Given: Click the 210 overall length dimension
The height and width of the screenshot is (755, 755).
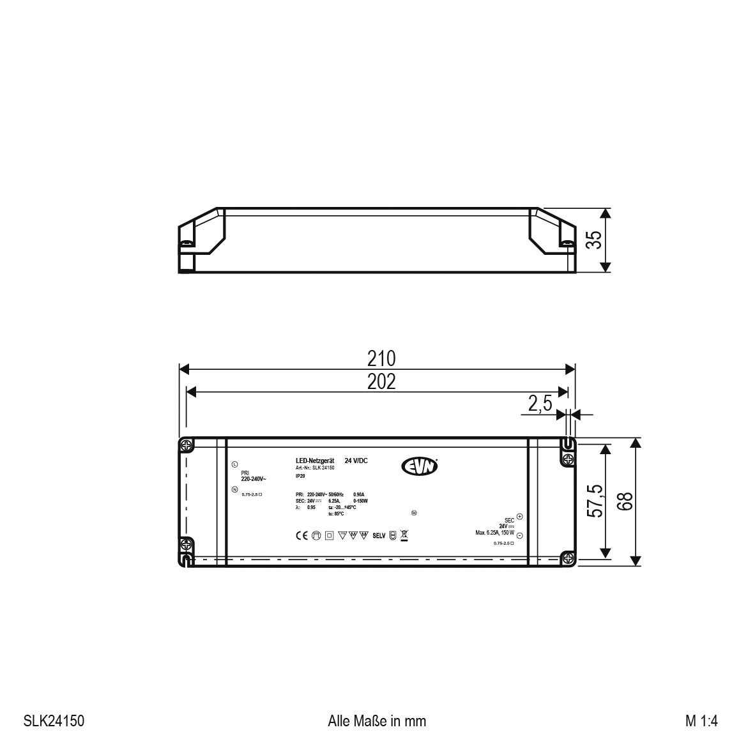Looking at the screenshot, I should pos(381,358).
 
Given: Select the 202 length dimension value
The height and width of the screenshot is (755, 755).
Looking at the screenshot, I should pos(381,381).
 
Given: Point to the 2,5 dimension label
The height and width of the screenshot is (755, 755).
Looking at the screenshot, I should pos(540,404).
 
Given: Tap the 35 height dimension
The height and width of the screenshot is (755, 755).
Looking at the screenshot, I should pos(594,240).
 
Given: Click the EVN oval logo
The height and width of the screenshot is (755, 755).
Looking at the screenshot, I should pos(420,467).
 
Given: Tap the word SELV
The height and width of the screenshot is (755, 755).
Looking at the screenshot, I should pos(379,536).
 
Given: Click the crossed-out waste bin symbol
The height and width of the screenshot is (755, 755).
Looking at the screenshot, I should pos(404,535).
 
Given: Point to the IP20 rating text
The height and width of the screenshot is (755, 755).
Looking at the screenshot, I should pos(300,477).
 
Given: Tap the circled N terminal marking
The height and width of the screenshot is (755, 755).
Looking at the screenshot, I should pos(234,490).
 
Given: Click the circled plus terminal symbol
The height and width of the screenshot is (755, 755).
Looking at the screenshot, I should pos(519,517).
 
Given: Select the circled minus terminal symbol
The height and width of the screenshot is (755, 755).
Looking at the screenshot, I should pos(519,535).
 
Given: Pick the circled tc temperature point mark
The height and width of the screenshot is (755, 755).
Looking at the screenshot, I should pos(414,512).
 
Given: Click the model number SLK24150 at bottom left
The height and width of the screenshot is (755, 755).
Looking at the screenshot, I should pos(54,721).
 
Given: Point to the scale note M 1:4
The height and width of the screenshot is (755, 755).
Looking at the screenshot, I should pos(702,721).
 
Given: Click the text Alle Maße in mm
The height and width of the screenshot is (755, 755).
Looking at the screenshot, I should pos(376,721).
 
